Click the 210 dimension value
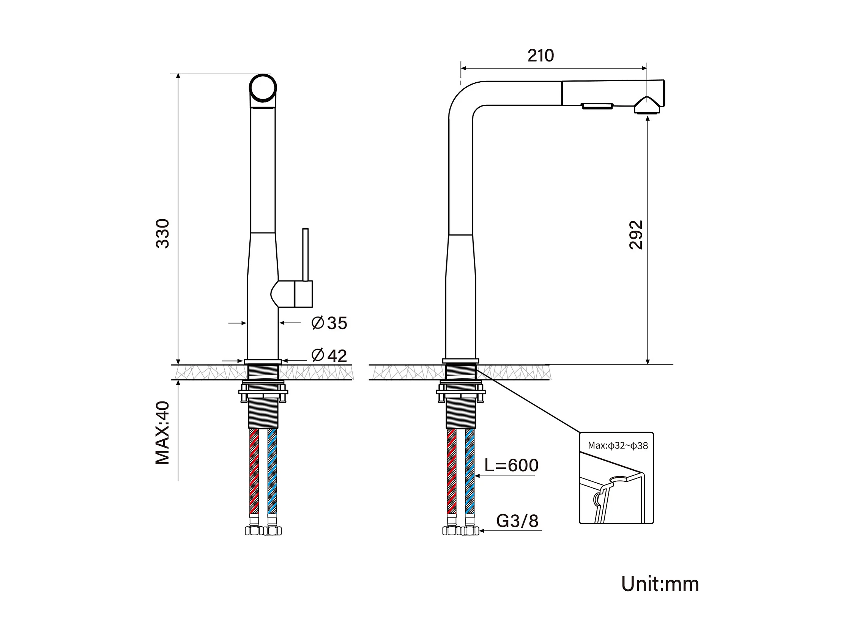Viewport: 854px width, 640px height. tap(540, 55)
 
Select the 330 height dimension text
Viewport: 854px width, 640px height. tap(162, 233)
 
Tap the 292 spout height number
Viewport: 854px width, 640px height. tap(636, 235)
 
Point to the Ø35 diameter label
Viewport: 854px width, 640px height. tap(329, 323)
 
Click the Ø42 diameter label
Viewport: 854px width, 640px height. tap(329, 355)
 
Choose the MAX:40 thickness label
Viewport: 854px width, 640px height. tap(162, 432)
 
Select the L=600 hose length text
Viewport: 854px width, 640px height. tap(511, 465)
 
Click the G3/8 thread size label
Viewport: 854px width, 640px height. tap(517, 521)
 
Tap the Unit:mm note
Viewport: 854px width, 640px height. tap(660, 584)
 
